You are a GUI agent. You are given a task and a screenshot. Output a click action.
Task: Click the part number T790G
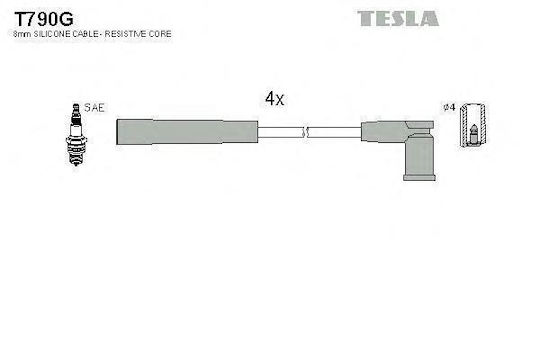point(44,19)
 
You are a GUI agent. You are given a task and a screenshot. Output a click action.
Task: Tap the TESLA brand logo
point(398,18)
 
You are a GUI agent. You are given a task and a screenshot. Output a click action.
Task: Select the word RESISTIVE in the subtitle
point(126,34)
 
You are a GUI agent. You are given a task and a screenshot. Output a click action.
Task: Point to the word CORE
point(160,34)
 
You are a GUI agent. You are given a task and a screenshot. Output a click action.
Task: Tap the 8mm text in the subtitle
point(22,34)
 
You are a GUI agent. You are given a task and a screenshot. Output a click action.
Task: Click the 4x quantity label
point(274,99)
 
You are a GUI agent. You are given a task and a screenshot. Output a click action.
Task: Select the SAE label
point(94,107)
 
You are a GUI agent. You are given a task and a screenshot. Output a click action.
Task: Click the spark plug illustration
point(76,134)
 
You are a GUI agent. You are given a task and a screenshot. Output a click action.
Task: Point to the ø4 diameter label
point(449,107)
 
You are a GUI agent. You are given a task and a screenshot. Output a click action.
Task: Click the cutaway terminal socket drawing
point(474,125)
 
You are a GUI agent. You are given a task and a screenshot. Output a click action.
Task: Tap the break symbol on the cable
point(305,132)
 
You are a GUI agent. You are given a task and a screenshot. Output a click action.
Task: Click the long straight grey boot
point(187,132)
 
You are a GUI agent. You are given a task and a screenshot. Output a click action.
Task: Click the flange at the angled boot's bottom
point(419,178)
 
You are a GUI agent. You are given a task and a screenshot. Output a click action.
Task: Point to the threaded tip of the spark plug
point(76,159)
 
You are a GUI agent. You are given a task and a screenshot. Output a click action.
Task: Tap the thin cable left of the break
point(280,132)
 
